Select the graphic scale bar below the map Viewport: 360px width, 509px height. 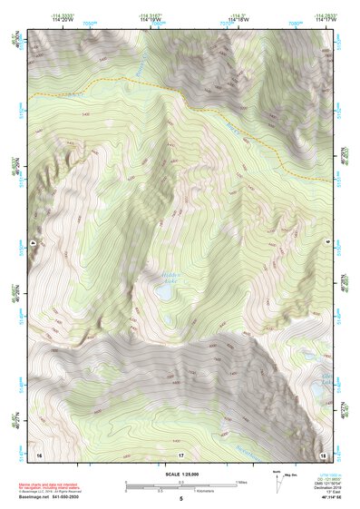point(180,485)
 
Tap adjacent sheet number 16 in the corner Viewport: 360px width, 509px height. point(38,453)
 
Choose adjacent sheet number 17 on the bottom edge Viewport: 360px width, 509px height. point(180,453)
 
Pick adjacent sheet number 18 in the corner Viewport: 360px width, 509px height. point(324,453)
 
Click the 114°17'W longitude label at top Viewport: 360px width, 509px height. point(324,19)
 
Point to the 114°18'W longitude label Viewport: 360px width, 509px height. point(237,19)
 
